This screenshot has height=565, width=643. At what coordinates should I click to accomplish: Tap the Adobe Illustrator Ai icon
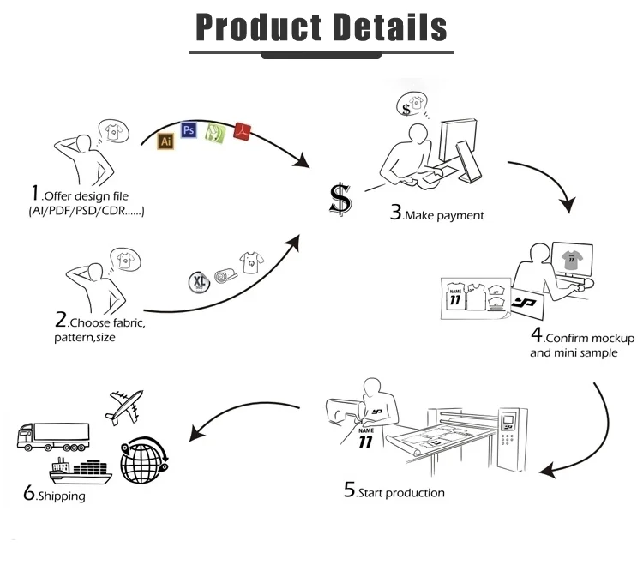pyautogui.click(x=166, y=141)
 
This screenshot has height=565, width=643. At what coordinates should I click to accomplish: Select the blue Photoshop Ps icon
pyautogui.click(x=189, y=130)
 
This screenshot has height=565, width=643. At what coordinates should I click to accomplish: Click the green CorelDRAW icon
pyautogui.click(x=215, y=133)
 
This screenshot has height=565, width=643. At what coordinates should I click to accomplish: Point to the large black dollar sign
pyautogui.click(x=340, y=199)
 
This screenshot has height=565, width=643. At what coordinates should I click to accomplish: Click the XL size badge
pyautogui.click(x=199, y=280)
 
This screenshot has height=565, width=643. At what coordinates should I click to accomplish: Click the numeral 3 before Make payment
pyautogui.click(x=396, y=213)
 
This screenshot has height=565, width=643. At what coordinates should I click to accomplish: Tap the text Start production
pyautogui.click(x=400, y=492)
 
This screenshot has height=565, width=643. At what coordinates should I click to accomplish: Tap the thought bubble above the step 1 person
pyautogui.click(x=110, y=130)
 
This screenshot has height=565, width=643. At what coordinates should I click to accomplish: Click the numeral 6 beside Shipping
pyautogui.click(x=29, y=493)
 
